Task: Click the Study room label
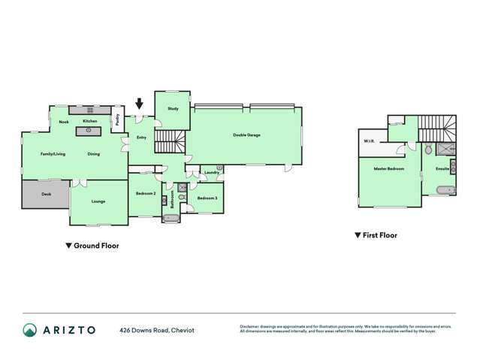click(173, 109)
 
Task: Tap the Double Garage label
click(246, 135)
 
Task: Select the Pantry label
click(117, 119)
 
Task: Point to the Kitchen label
click(90, 120)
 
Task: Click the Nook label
click(64, 120)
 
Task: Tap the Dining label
click(93, 154)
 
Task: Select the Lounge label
click(98, 201)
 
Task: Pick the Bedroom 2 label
click(145, 193)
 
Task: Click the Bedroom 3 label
click(207, 198)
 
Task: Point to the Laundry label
click(211, 172)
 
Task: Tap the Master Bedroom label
click(389, 168)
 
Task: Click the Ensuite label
click(442, 168)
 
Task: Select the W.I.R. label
click(370, 141)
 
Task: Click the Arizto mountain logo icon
click(29, 330)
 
